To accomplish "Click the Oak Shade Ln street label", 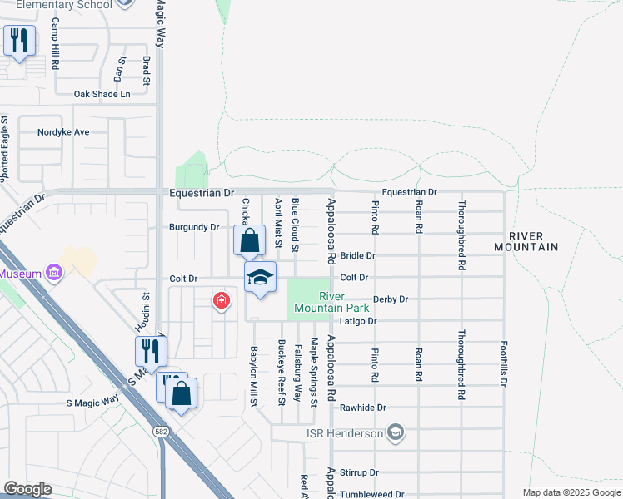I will (102, 95).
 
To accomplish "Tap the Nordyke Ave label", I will (63, 132).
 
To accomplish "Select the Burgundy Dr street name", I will (193, 227).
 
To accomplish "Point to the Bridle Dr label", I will (358, 256).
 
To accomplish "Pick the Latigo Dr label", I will (359, 321).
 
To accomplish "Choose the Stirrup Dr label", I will (360, 472).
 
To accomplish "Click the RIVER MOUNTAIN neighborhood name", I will (526, 241).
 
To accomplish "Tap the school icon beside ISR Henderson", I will (396, 432).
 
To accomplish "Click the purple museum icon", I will (55, 273).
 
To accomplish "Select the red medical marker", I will (221, 300).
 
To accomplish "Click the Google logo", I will (27, 490).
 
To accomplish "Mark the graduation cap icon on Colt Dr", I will (260, 278).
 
